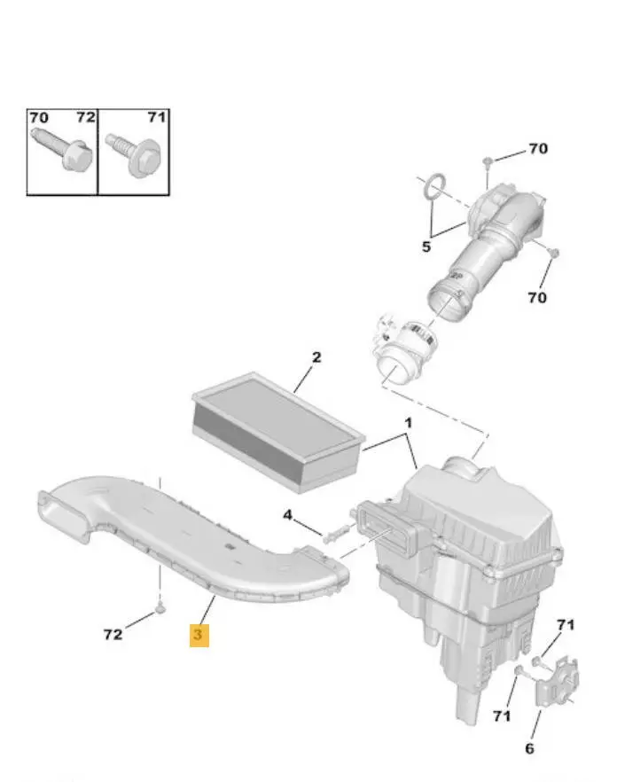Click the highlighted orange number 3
coord(199,635)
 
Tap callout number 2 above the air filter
coord(316,357)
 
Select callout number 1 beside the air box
coord(408,423)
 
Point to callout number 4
coord(287,514)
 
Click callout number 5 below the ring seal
coord(426,246)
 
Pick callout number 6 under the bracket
coord(529,748)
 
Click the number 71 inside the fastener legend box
coord(156,117)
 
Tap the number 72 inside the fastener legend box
coord(85,117)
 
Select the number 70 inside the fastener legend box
coord(39,118)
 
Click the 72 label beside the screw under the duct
coord(113,635)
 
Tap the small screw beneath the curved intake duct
coord(160,607)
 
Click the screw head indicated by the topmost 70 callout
coord(488,160)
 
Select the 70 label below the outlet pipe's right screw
coord(537,297)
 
